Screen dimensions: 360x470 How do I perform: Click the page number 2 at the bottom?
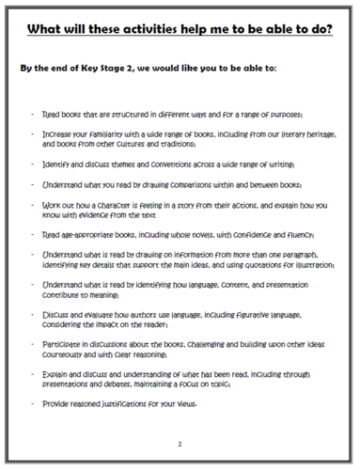point(180,442)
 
